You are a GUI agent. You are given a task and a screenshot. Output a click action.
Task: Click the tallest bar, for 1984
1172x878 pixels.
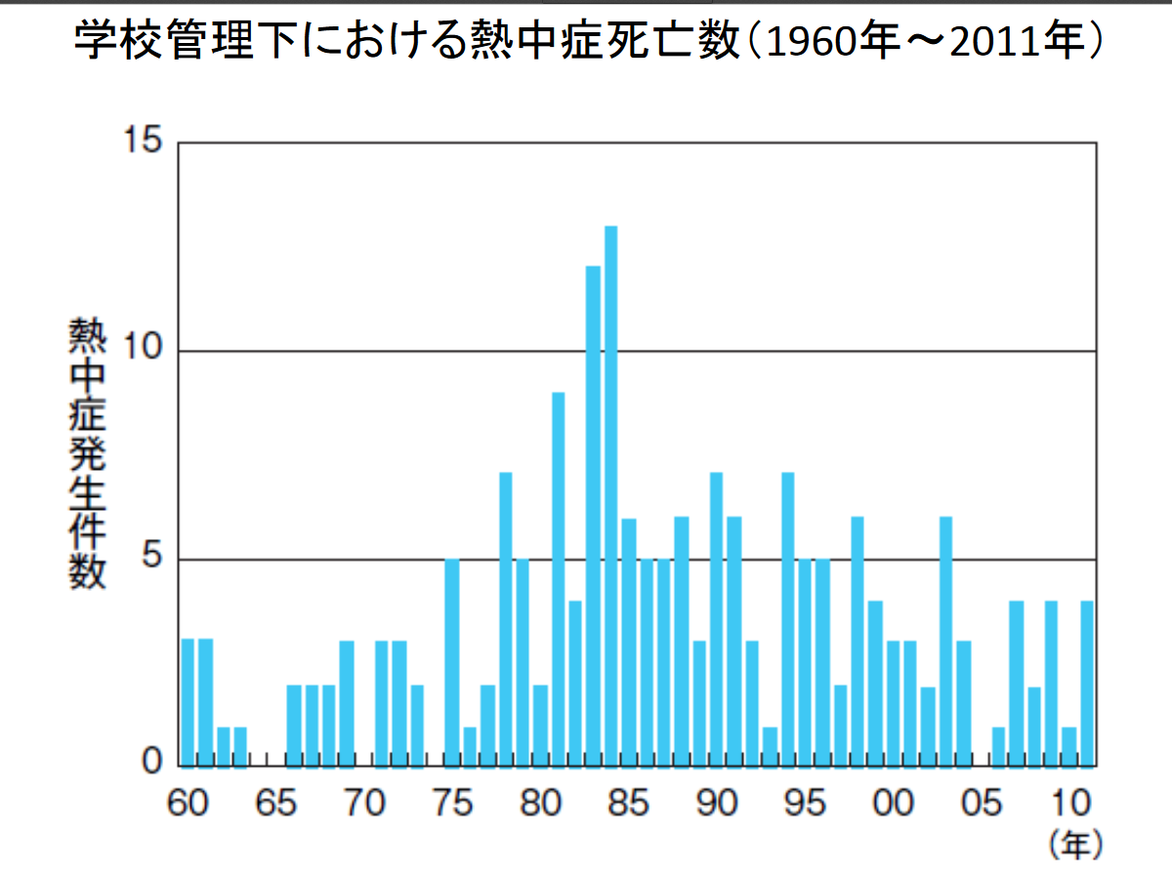pyautogui.click(x=611, y=494)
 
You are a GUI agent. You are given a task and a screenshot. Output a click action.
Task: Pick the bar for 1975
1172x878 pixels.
pyautogui.click(x=452, y=661)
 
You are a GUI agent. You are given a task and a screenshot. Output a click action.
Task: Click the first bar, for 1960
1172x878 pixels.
pyautogui.click(x=188, y=701)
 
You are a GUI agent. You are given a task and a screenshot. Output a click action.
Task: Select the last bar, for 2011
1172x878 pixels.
pyautogui.click(x=1087, y=682)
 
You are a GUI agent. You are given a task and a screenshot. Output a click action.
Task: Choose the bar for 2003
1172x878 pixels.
pyautogui.click(x=945, y=640)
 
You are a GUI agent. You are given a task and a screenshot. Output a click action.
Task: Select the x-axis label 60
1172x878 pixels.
pyautogui.click(x=188, y=804)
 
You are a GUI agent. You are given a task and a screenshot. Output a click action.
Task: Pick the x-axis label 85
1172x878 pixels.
pyautogui.click(x=628, y=804)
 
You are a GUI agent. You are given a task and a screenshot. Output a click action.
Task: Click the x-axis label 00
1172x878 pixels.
pyautogui.click(x=892, y=804)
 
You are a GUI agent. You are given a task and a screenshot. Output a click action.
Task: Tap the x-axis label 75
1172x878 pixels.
pyautogui.click(x=452, y=804)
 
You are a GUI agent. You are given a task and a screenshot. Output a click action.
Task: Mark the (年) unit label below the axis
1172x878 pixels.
pyautogui.click(x=1074, y=842)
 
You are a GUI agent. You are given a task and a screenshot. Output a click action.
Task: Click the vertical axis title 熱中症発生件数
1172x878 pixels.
pyautogui.click(x=86, y=454)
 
